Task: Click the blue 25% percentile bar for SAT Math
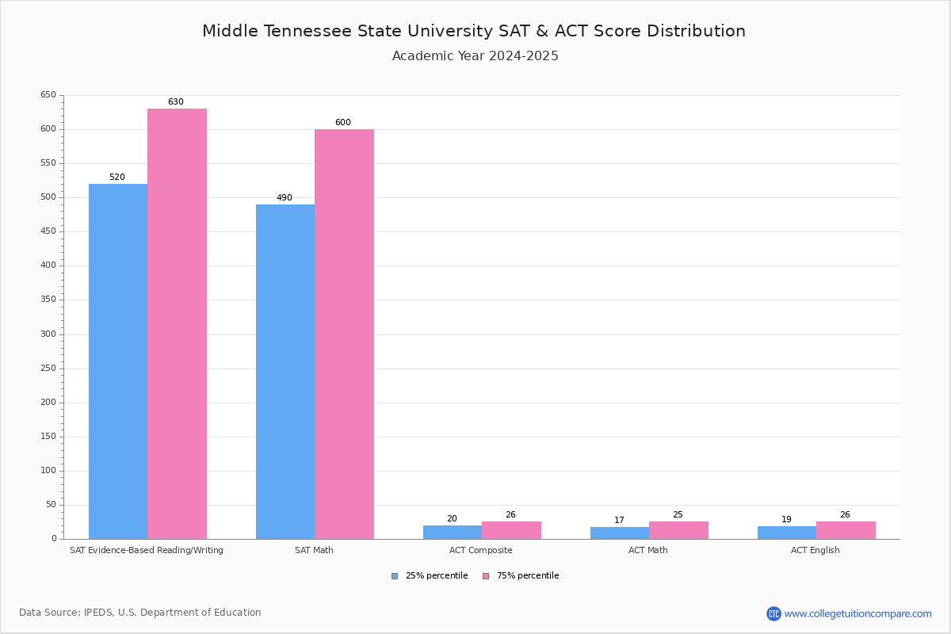coord(285,372)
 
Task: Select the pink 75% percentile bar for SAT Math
coord(344,334)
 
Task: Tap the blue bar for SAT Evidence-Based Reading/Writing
coord(118,361)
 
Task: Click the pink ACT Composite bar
coord(511,530)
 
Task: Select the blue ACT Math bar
coord(619,533)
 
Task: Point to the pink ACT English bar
coord(846,530)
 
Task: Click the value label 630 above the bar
coord(175,102)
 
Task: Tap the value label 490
coord(285,198)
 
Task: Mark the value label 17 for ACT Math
coord(619,521)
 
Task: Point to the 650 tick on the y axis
coord(48,95)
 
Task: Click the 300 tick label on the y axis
coord(48,334)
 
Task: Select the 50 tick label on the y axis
coord(51,505)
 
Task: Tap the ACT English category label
coord(815,550)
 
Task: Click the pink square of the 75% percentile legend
coord(486,576)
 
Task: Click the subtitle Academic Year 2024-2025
coord(475,56)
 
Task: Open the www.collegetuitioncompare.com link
coord(857,613)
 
